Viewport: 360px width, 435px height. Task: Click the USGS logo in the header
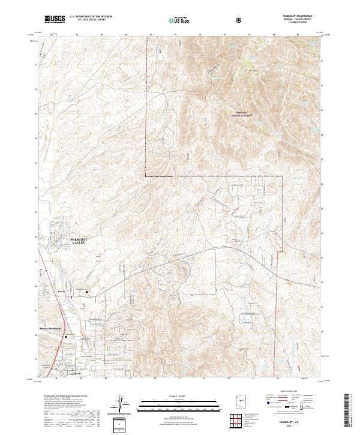pyautogui.click(x=55, y=19)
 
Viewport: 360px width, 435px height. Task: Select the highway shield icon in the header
pyautogui.click(x=205, y=19)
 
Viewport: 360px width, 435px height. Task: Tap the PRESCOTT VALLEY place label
pyautogui.click(x=79, y=241)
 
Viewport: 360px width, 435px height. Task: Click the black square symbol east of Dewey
pyautogui.click(x=87, y=292)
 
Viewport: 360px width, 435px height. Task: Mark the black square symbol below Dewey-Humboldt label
pyautogui.click(x=66, y=337)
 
